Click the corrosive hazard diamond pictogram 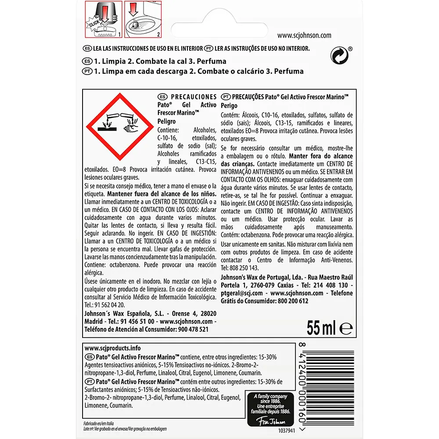coord(119,128)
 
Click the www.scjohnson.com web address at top coord(305,36)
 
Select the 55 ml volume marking coord(321,327)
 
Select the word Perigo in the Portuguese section coord(229,106)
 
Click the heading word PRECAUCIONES coord(193,97)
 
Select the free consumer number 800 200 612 coord(293,301)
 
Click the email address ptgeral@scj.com coord(241,293)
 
